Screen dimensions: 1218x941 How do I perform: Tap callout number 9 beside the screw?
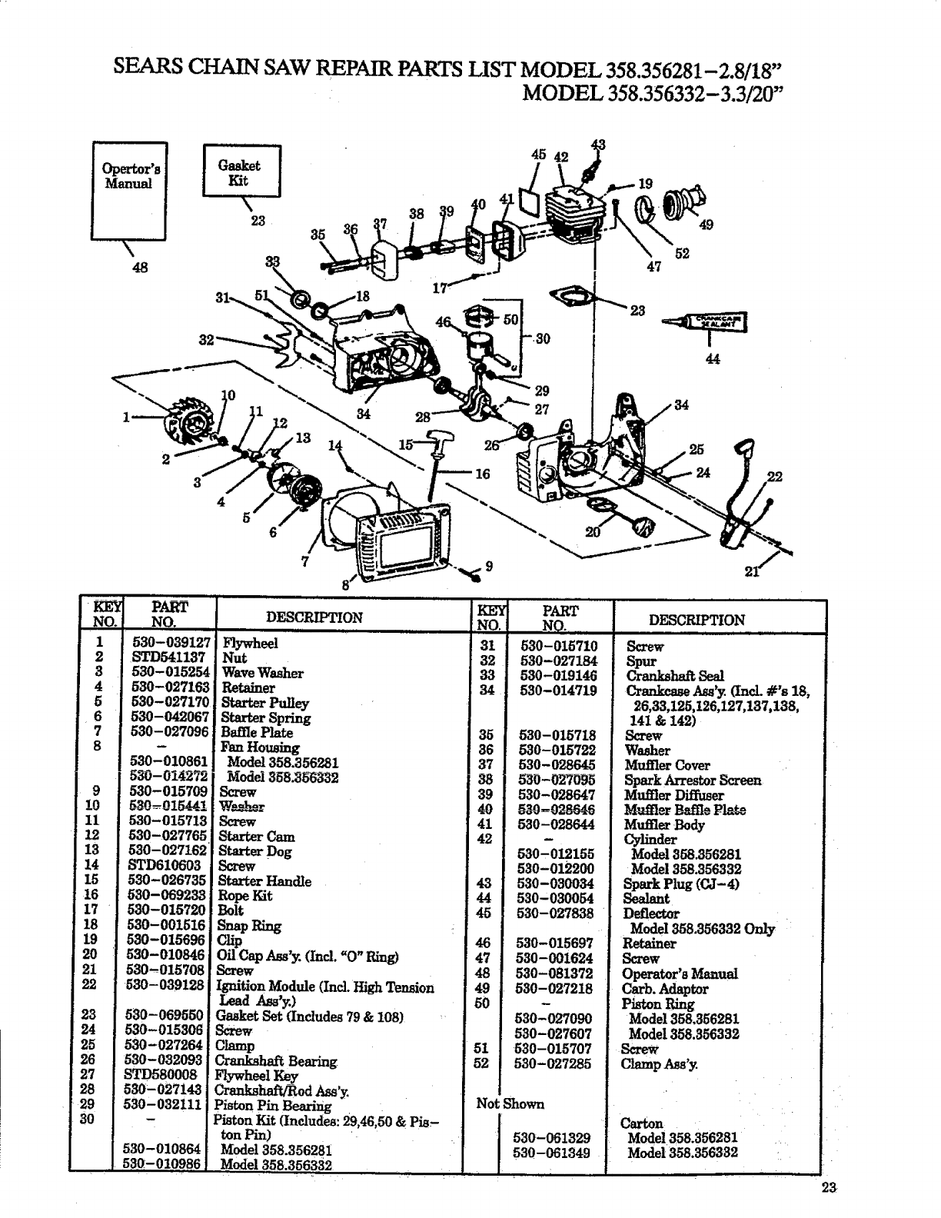(488, 567)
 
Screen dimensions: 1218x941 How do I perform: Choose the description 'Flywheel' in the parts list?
(250, 643)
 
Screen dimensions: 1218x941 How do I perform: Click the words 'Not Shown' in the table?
(510, 1103)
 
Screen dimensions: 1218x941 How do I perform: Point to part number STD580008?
(162, 1075)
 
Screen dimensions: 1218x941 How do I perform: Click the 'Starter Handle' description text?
(264, 881)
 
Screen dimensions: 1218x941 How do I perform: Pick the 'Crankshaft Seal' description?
(675, 676)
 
